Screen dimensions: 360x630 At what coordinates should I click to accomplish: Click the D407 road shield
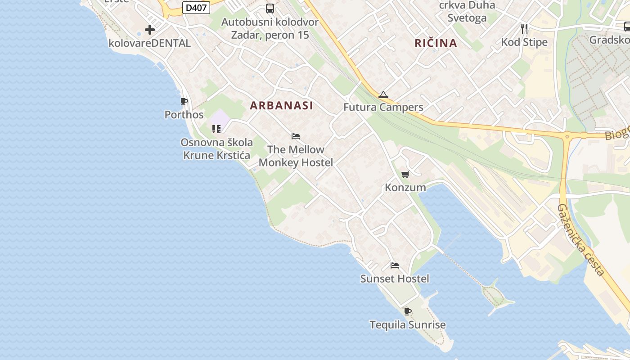click(x=197, y=7)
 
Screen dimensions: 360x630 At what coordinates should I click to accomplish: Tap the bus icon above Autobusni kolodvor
click(x=270, y=8)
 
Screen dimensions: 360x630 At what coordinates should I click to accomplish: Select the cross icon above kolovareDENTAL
click(x=150, y=30)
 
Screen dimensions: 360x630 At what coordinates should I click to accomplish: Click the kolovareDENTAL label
click(x=150, y=43)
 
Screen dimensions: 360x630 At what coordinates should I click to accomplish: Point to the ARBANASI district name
click(x=281, y=106)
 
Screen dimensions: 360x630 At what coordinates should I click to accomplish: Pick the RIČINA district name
click(x=436, y=43)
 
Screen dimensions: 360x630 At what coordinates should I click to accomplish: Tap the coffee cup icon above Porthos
click(x=184, y=101)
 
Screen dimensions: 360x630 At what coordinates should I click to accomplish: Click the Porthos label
click(x=184, y=115)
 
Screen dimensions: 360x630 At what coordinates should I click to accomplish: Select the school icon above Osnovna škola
click(x=216, y=129)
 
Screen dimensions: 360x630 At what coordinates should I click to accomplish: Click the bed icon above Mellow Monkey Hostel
click(x=296, y=136)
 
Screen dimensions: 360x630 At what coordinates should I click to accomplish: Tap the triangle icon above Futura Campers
click(x=383, y=94)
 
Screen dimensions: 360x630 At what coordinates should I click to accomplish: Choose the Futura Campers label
click(x=383, y=107)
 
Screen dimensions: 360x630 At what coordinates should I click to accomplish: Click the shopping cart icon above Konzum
click(x=405, y=174)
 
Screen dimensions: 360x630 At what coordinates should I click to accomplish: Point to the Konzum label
click(x=405, y=187)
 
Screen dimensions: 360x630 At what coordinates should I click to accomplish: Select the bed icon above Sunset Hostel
click(x=395, y=265)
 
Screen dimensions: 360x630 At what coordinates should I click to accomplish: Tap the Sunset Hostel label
click(x=395, y=279)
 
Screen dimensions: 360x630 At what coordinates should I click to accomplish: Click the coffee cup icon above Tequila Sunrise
click(x=407, y=311)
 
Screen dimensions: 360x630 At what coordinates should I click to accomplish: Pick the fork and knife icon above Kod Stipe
click(x=524, y=29)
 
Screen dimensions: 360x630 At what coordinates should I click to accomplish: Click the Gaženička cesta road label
click(x=580, y=240)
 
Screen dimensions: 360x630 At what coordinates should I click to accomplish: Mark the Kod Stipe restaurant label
click(x=524, y=42)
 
